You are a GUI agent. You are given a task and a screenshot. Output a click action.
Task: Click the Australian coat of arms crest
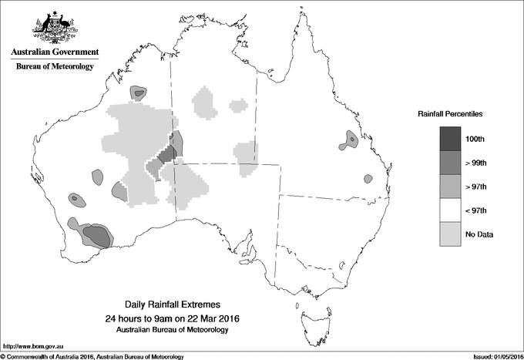click(54, 26)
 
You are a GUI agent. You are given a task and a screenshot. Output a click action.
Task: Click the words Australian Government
click(55, 52)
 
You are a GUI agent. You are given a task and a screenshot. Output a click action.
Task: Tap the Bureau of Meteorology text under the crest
click(55, 67)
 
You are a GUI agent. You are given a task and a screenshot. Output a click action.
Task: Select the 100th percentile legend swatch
click(452, 139)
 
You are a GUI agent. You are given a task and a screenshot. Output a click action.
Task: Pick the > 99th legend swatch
click(452, 163)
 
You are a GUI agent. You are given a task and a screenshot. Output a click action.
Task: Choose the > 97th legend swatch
click(452, 187)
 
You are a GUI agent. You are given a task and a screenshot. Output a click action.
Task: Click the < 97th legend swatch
click(452, 210)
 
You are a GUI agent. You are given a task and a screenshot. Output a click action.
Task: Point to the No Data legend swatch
click(452, 234)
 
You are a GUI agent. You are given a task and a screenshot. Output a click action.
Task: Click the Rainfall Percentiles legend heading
click(451, 113)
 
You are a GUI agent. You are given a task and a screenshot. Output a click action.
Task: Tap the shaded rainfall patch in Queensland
click(351, 140)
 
